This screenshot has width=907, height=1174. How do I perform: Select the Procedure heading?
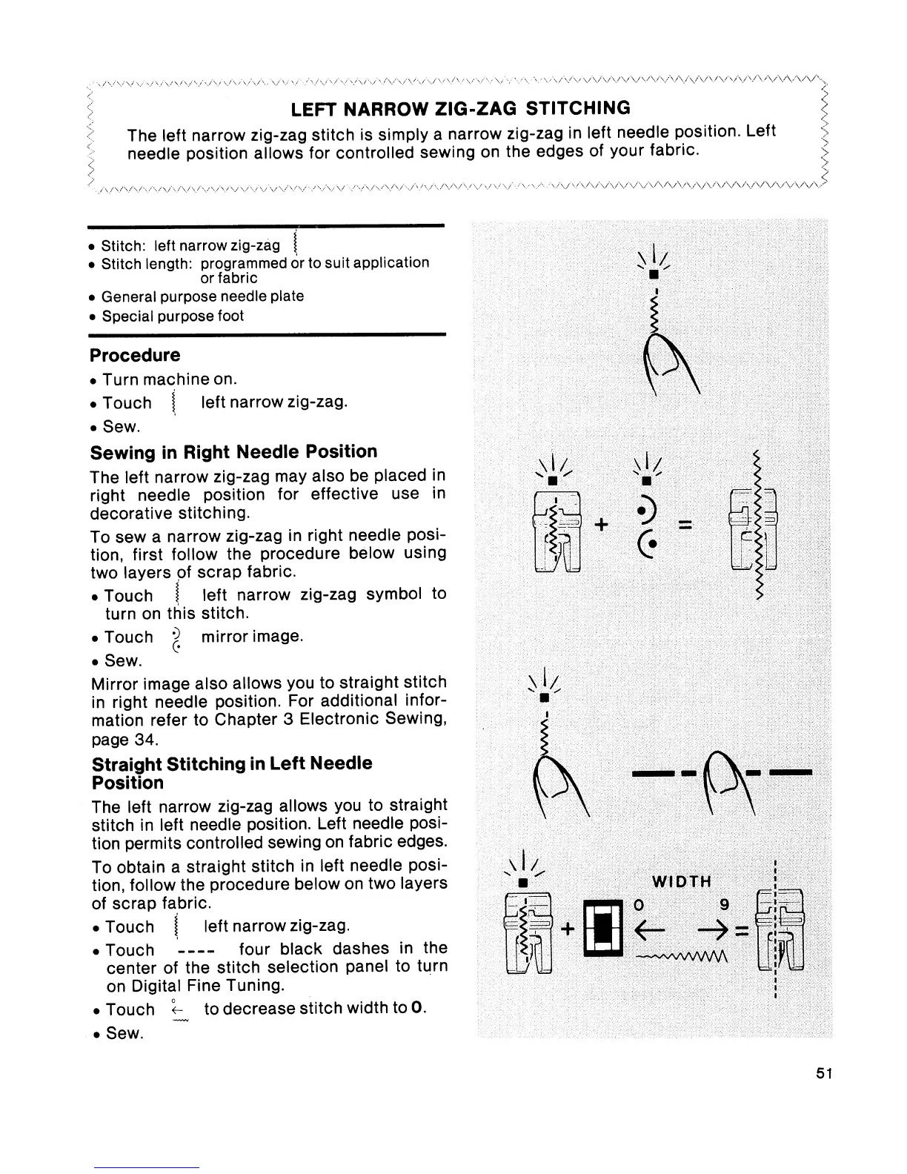(x=135, y=355)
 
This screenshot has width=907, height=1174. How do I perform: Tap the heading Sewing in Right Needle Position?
(x=233, y=451)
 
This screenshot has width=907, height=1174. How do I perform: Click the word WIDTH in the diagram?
(x=681, y=881)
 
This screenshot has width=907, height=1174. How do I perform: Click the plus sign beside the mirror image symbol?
(x=602, y=525)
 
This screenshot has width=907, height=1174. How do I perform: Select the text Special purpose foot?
(x=172, y=316)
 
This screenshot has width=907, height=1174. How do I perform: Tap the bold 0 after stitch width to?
(x=418, y=1009)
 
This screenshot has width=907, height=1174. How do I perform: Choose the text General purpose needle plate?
(x=202, y=296)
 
